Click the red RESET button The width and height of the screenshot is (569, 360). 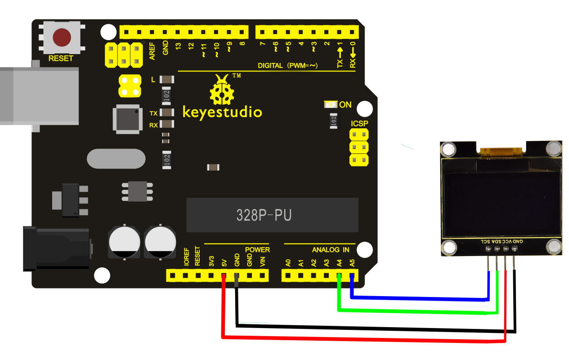(62, 37)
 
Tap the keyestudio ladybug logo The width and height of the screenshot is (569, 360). (222, 90)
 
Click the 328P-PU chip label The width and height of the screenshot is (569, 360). (264, 215)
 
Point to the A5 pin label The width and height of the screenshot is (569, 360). (352, 263)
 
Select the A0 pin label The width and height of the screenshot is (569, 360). (288, 263)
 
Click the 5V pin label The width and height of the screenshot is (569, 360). (224, 263)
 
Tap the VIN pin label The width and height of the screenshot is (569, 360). (263, 262)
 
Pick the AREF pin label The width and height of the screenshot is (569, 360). (152, 51)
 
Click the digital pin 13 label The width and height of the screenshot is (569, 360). (178, 46)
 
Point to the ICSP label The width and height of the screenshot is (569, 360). (359, 123)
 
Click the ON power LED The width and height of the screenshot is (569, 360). (331, 104)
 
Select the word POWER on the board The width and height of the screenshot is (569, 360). (257, 250)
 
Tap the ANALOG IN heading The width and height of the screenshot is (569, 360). (331, 250)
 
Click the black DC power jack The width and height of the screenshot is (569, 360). (56, 248)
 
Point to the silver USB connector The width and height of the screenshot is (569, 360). (40, 96)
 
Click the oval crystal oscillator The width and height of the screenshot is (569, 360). (116, 159)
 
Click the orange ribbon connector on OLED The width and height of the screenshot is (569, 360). (501, 152)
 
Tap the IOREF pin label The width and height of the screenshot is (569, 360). (187, 257)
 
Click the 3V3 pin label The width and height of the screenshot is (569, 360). (211, 261)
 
